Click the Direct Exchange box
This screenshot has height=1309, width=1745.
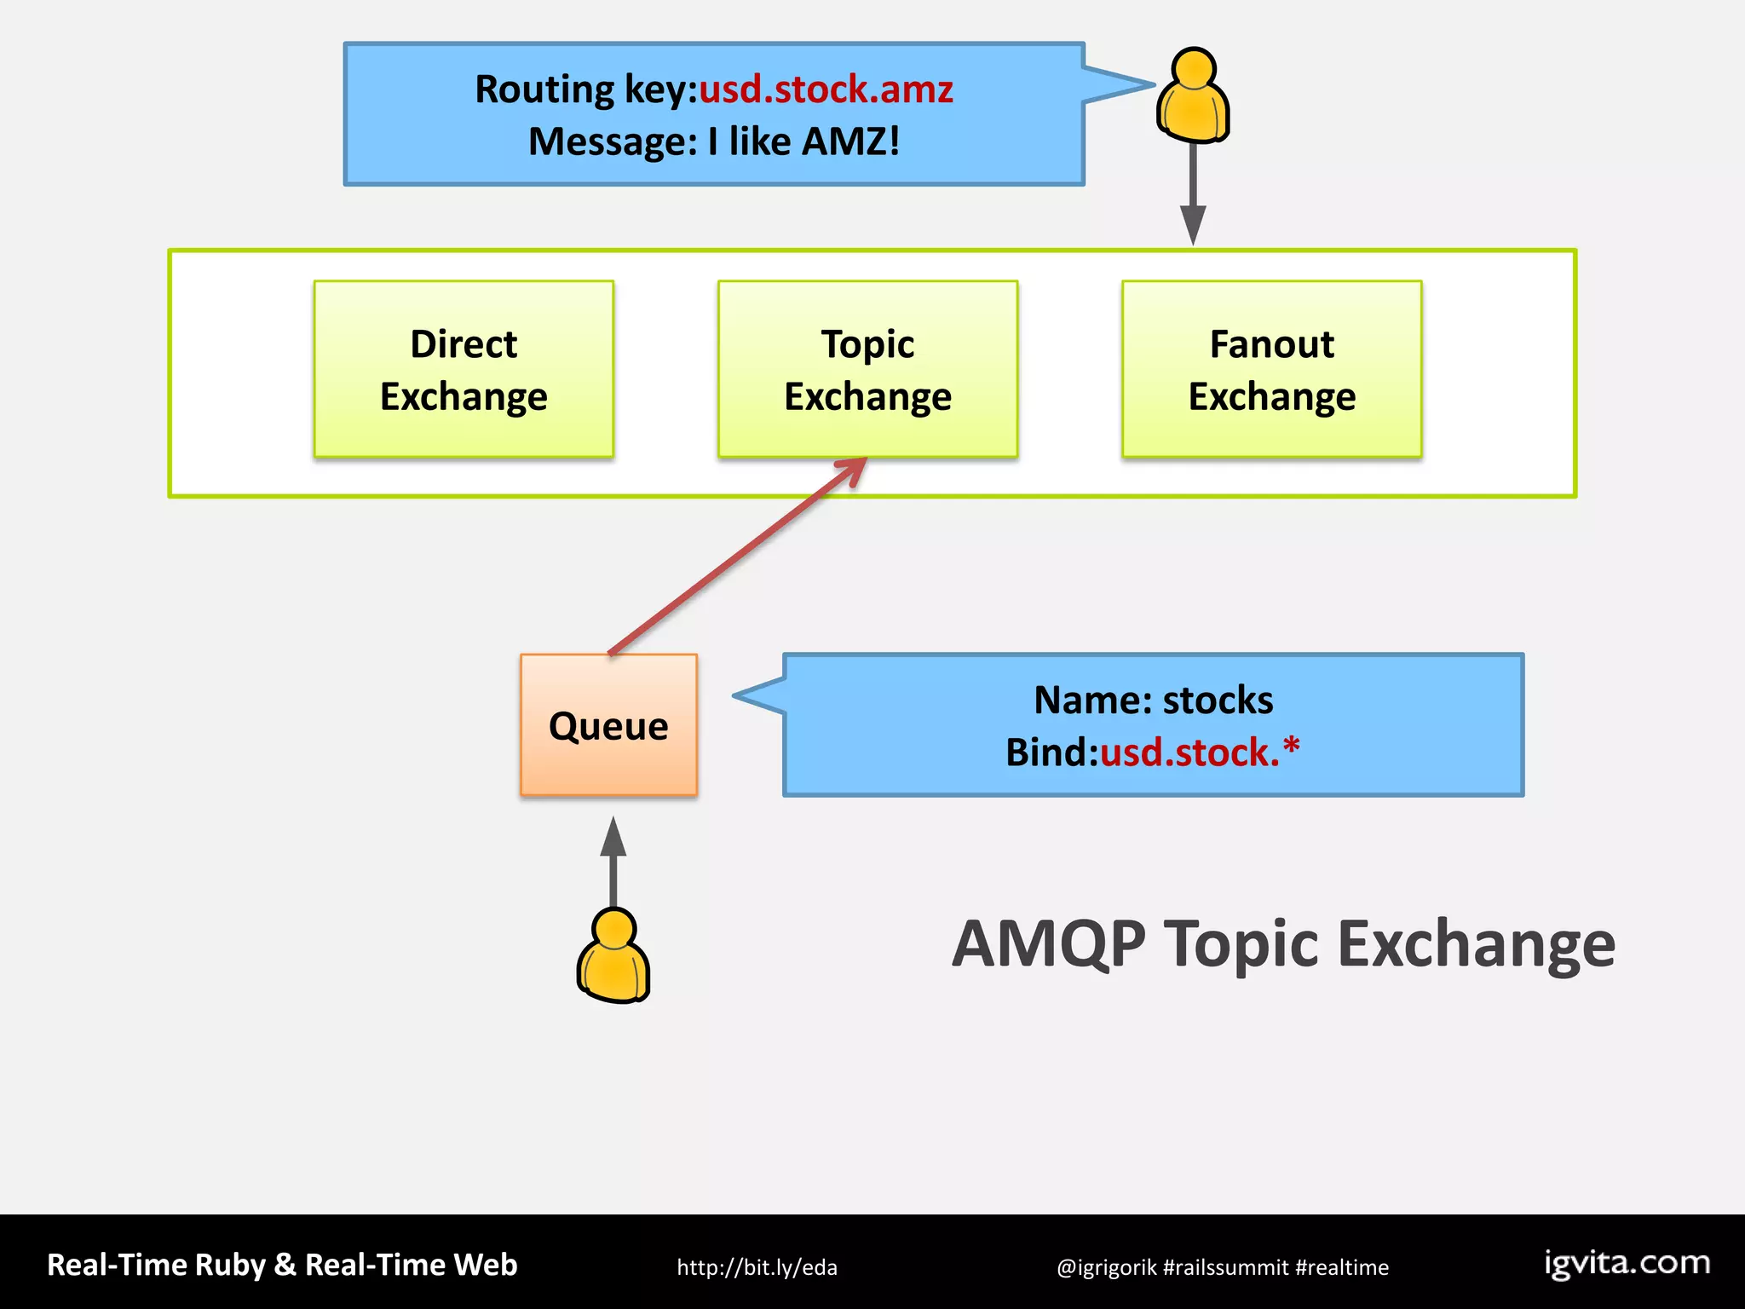464,369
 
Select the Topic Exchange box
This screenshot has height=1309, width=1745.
867,369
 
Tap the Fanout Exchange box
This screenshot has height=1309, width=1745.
1271,369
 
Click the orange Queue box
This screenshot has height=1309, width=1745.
608,725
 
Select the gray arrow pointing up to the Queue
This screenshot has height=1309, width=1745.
613,861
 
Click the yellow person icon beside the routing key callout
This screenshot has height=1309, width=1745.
1193,95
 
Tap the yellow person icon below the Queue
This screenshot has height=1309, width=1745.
613,956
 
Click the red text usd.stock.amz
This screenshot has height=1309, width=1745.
826,89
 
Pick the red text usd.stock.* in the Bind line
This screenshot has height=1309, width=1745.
1199,752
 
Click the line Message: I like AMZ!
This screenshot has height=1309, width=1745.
714,141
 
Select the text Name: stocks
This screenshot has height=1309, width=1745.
1153,700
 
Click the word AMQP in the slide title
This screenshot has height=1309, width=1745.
1048,944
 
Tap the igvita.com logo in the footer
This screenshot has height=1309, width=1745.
1627,1263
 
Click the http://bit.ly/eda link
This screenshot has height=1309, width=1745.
757,1267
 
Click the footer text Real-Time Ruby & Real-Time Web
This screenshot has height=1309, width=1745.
282,1265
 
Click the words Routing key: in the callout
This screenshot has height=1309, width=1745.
586,89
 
